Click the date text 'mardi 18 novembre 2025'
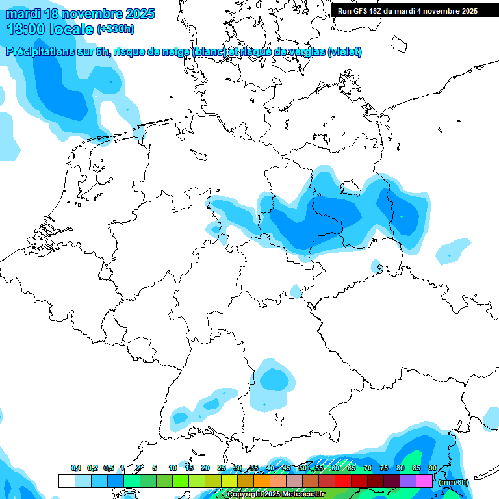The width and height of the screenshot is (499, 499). point(81,14)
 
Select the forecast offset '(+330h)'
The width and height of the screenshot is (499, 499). point(116,29)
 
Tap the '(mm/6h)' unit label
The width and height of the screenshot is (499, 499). point(453,482)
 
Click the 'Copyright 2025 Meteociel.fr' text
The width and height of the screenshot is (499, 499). point(275,494)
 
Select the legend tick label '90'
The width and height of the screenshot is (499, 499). point(433,468)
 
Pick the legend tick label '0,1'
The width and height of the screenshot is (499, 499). point(75,468)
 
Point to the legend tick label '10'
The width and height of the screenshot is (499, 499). point(173,468)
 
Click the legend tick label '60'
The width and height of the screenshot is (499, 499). point(335,468)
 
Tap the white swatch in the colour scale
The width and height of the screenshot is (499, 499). point(66,481)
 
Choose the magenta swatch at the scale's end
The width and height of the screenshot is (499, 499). point(424,481)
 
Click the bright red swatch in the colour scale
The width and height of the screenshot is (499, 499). point(343,481)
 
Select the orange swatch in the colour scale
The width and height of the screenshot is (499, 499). point(262,481)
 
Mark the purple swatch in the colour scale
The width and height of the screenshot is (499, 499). point(408,481)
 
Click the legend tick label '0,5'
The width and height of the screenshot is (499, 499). point(108,468)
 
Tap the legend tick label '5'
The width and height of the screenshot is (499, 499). point(155,468)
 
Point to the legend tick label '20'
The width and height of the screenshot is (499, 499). point(205,468)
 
